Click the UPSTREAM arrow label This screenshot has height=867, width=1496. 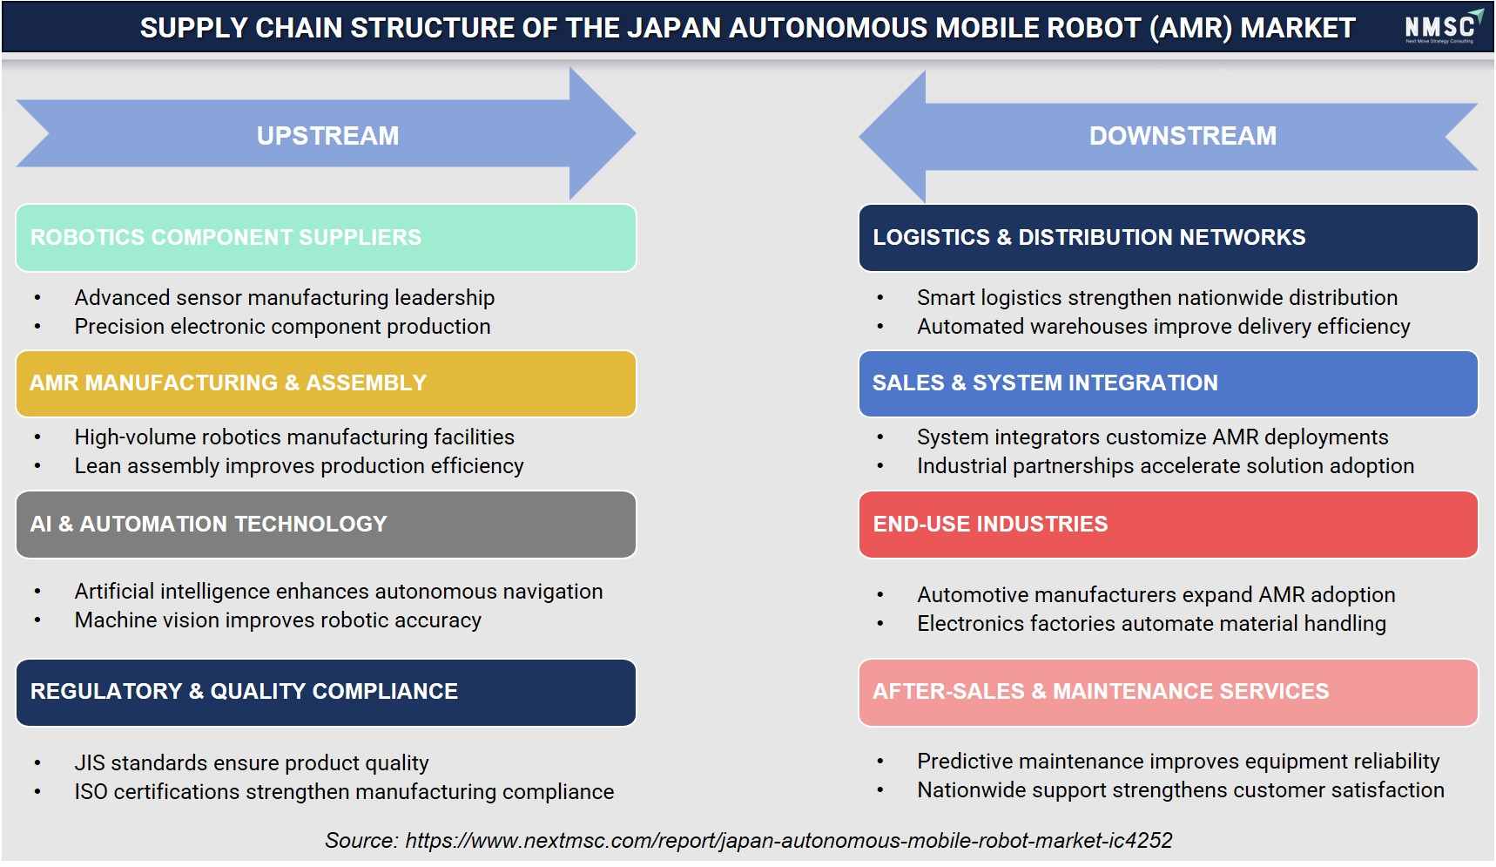click(x=327, y=136)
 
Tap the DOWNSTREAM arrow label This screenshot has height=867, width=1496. click(x=1183, y=136)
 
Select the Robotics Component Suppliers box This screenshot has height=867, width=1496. click(x=326, y=238)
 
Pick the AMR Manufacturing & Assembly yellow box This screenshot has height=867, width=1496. click(x=326, y=383)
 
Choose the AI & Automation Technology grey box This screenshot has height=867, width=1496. click(x=326, y=525)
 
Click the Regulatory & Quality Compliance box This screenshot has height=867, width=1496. click(x=326, y=693)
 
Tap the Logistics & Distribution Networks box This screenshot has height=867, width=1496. click(x=1168, y=238)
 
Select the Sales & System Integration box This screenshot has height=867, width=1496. click(x=1168, y=383)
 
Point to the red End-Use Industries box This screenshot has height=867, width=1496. click(x=1168, y=525)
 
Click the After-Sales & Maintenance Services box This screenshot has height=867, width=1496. click(x=1168, y=693)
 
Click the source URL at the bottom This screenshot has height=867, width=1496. click(x=789, y=841)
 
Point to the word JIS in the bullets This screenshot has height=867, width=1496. click(x=91, y=763)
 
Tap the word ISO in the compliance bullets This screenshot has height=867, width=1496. click(x=91, y=792)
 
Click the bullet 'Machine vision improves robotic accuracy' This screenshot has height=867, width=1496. click(x=278, y=620)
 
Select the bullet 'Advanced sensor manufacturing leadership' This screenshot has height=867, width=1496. click(x=285, y=298)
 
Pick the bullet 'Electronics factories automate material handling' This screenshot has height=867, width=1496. click(x=1151, y=624)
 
